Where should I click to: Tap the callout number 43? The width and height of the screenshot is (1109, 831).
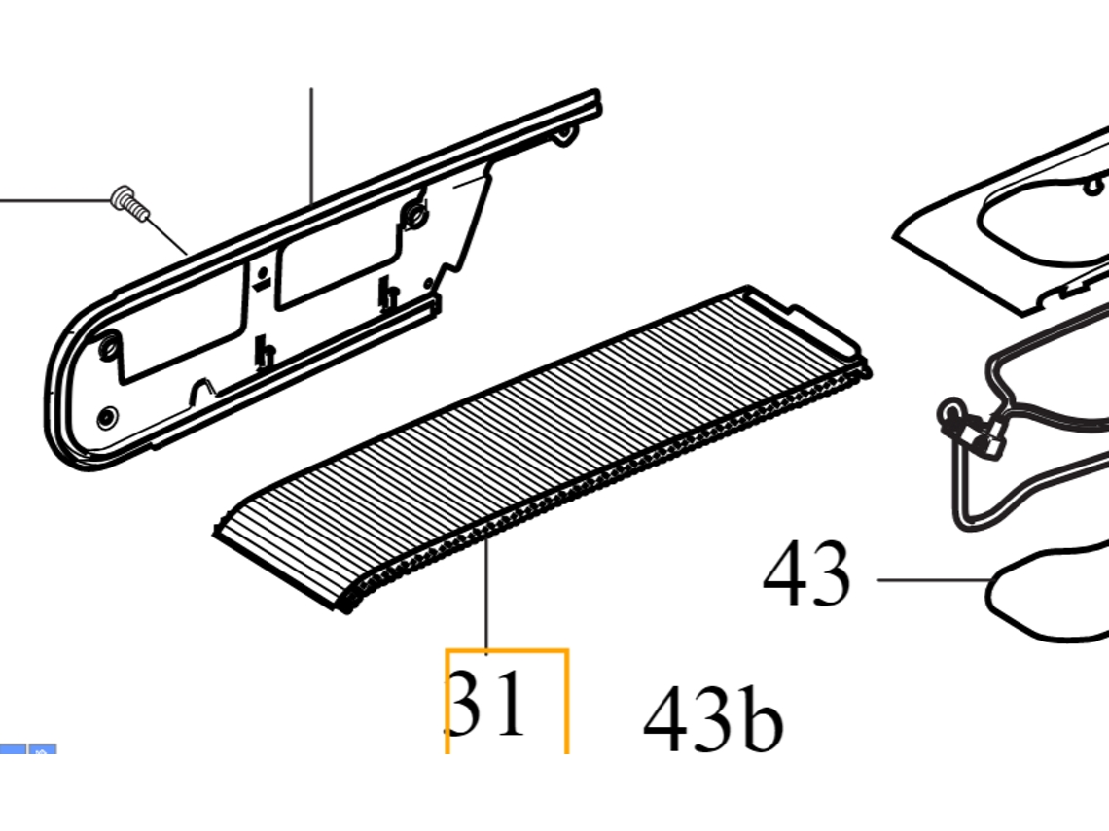tap(805, 572)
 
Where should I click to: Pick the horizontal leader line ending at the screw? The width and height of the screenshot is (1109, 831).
tap(55, 201)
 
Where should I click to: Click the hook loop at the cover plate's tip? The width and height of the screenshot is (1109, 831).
tap(563, 134)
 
